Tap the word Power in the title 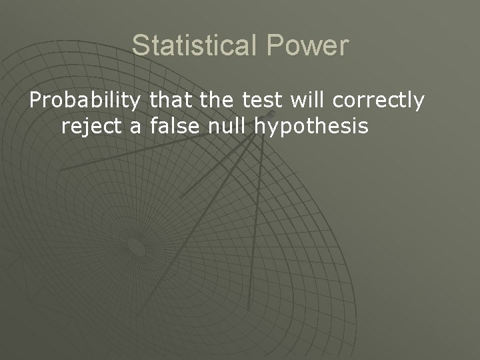tap(309, 46)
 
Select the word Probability tap(85, 101)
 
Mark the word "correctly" tap(379, 101)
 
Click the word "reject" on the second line tap(95, 125)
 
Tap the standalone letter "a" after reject tap(137, 126)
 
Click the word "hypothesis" tap(311, 125)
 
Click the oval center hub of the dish tap(136, 248)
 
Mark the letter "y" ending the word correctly tap(418, 103)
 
